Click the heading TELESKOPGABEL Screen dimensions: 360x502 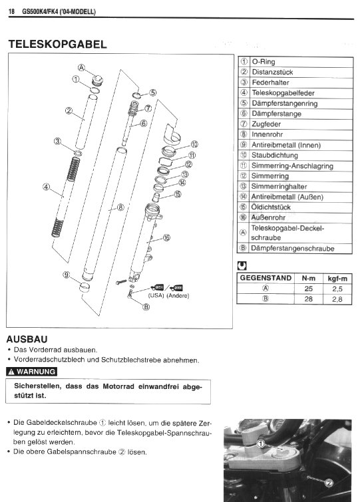click(57, 44)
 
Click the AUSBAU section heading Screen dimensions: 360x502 click(27, 339)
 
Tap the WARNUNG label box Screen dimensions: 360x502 click(31, 372)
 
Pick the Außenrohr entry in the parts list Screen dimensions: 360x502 click(268, 217)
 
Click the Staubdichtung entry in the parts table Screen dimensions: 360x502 click(275, 156)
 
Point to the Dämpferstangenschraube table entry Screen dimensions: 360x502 click(292, 249)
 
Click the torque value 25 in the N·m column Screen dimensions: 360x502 click(309, 289)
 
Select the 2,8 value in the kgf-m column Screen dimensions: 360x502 click(337, 299)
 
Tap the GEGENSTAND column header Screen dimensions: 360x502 click(266, 278)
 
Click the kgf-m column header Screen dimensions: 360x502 click(337, 278)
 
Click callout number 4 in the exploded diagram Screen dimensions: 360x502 click(47, 187)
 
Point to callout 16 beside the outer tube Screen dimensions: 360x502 click(166, 237)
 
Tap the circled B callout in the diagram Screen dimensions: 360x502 click(146, 307)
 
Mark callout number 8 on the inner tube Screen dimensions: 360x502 click(120, 207)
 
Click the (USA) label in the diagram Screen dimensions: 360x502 click(156, 295)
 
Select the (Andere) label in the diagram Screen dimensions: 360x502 click(178, 295)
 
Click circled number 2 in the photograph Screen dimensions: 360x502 click(329, 483)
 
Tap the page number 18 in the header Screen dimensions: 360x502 click(11, 12)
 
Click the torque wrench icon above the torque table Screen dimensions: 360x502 click(242, 265)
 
